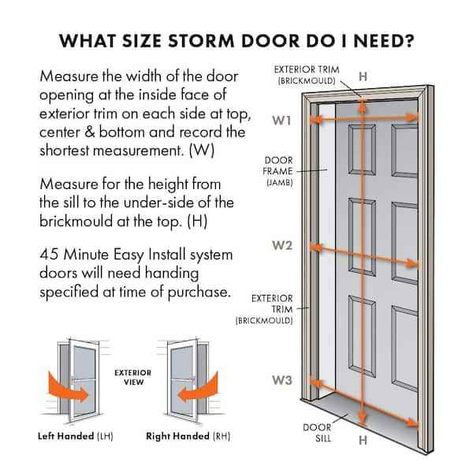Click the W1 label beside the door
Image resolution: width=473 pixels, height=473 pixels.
[x=282, y=121]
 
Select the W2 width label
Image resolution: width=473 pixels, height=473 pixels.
[x=282, y=245]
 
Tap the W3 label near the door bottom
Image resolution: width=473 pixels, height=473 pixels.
[x=282, y=380]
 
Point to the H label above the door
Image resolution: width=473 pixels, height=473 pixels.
[x=362, y=77]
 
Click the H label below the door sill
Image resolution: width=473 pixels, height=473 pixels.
[x=362, y=439]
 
